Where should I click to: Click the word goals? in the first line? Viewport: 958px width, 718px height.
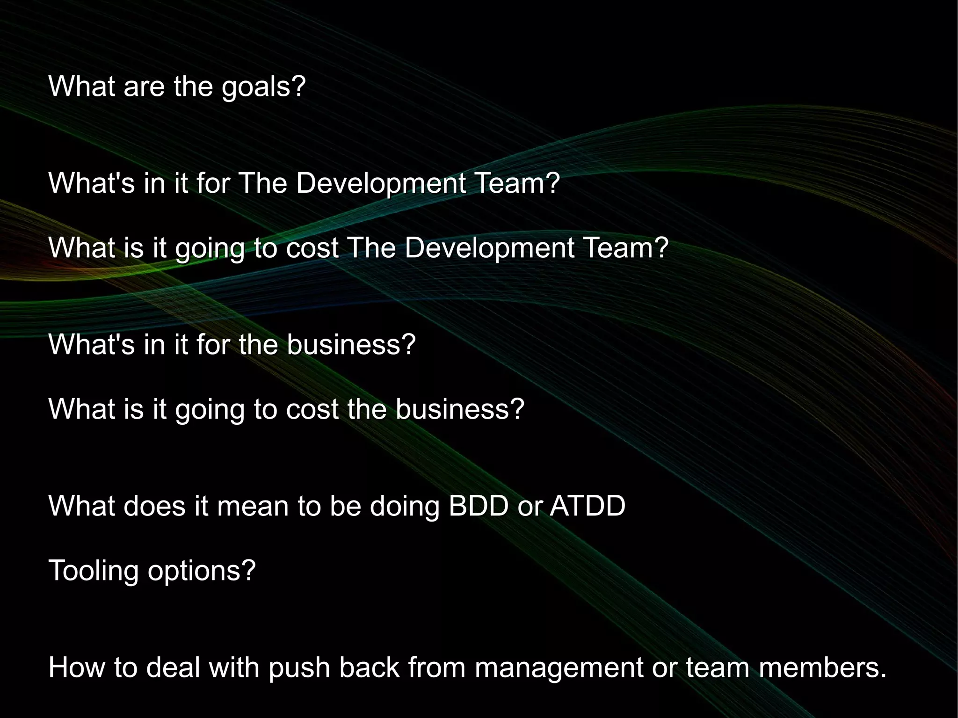[x=263, y=87]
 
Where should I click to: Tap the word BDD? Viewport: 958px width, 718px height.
[x=478, y=506]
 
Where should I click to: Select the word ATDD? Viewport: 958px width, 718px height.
[x=588, y=506]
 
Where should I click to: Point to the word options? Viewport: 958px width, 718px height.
[x=202, y=571]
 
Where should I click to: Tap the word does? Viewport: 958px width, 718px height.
[x=155, y=506]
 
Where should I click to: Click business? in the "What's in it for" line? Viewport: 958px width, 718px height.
[x=351, y=345]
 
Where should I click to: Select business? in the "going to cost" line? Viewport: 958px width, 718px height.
[x=460, y=409]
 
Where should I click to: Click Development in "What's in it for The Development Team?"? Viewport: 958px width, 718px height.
[x=381, y=183]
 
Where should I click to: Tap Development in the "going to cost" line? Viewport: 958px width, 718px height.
[x=489, y=247]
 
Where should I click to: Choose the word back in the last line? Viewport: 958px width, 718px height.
[x=369, y=667]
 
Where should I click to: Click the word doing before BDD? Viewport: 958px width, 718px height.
[x=405, y=506]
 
